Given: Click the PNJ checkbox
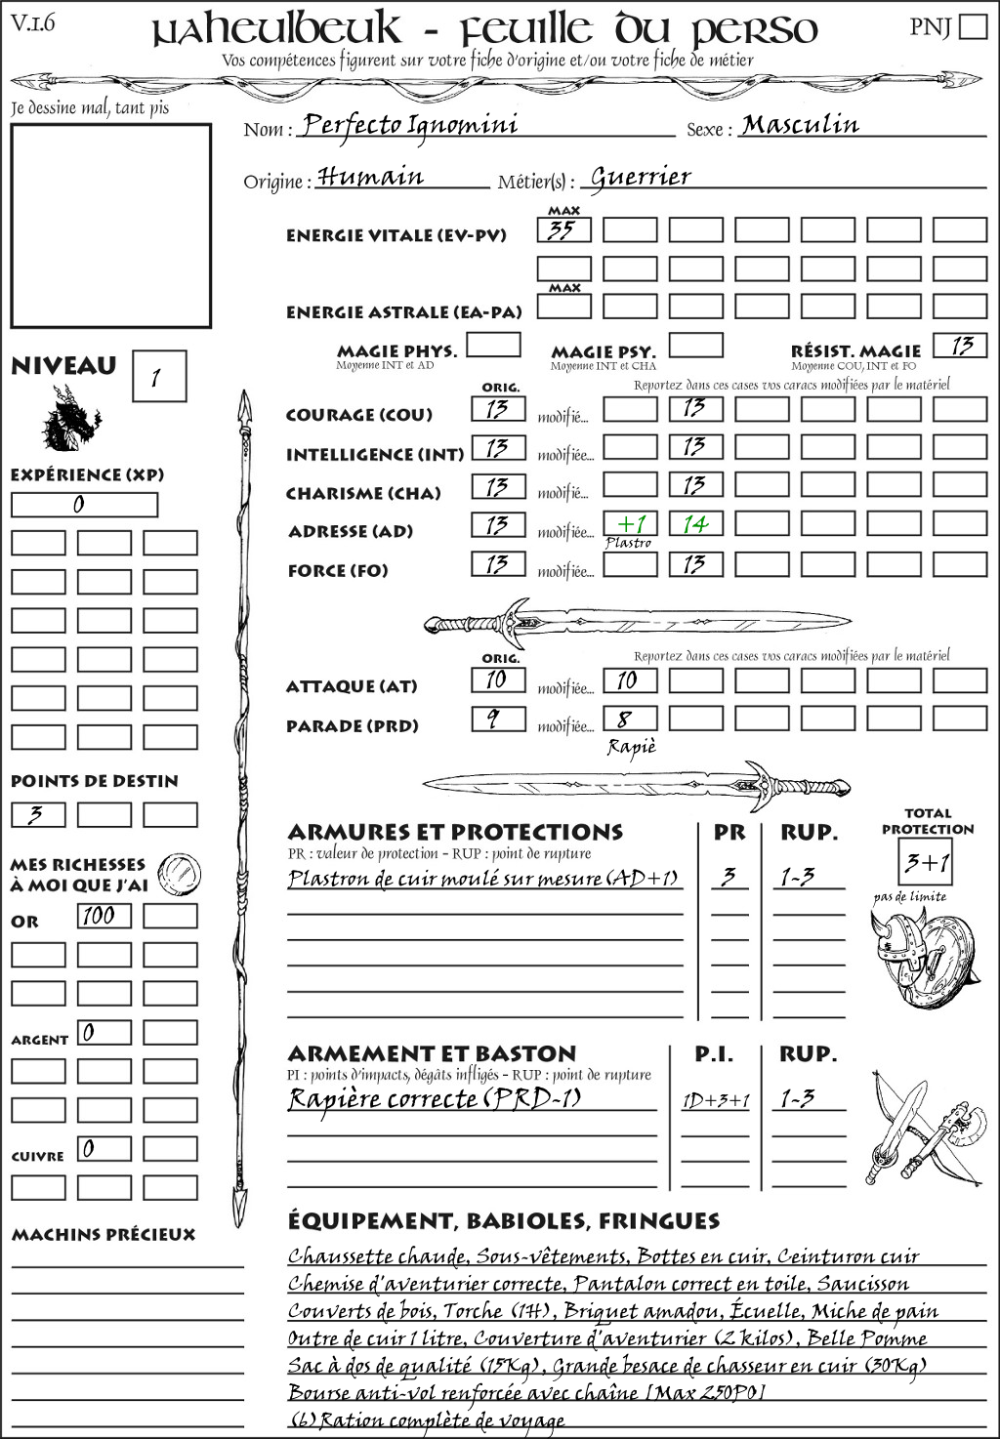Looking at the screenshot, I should coord(973,26).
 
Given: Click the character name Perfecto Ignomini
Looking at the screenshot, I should coord(409,125).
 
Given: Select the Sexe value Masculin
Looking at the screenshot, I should coord(800,125).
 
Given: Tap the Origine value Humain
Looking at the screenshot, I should coord(371,177).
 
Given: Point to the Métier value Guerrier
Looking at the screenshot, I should coord(641,177).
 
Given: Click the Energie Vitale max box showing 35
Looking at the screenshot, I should coord(563,230).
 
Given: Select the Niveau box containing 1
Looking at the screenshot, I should coord(158,377).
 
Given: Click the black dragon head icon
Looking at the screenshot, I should coord(70,420).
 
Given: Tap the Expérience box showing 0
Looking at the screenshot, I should coord(83,505).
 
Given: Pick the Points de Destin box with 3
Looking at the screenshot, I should coord(38,814).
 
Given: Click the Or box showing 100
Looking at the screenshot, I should coord(104,916).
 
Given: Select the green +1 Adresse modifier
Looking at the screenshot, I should coord(630,524).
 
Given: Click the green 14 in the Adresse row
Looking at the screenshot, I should coord(695,524).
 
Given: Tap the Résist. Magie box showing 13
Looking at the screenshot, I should coord(959,346).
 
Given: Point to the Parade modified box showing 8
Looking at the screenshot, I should coord(629,719).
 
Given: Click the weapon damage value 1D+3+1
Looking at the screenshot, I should coord(716,1101).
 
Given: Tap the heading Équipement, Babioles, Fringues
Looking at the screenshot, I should coord(504,1221).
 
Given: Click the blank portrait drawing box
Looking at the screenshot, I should coord(110,226).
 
